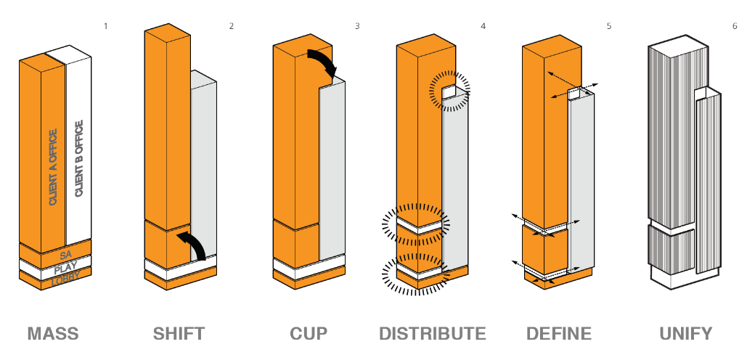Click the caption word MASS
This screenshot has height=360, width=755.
(53, 334)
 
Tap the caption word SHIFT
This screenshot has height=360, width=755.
(179, 334)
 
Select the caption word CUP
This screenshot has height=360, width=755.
(309, 334)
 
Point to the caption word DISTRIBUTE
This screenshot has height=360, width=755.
(432, 334)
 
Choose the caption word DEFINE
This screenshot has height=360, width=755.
(559, 334)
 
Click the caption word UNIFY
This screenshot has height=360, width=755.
(686, 334)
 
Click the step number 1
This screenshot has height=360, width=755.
(105, 26)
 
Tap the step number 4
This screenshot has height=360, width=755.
(483, 26)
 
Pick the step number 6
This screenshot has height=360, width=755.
(735, 26)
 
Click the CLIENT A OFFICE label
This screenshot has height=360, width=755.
(53, 167)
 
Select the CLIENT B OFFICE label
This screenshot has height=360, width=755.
(79, 158)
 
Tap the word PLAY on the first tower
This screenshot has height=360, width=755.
(65, 267)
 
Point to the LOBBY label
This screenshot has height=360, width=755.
(65, 278)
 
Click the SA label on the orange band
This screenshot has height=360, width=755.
(65, 255)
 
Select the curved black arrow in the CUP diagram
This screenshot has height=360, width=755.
(322, 62)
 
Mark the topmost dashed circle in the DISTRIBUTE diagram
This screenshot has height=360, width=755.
(449, 91)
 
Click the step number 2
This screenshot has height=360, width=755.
(232, 26)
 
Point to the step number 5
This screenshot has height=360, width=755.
(609, 26)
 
